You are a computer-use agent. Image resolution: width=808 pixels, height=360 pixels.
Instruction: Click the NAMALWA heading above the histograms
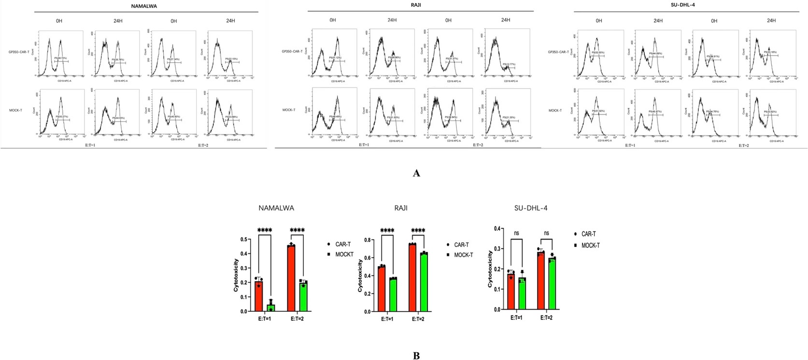pos(144,6)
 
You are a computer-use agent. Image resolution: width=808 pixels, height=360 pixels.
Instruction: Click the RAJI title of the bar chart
pos(400,208)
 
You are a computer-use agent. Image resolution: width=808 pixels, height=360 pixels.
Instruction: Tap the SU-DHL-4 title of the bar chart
pos(531,208)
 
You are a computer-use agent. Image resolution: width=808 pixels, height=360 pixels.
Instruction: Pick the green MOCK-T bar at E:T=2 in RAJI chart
pos(424,282)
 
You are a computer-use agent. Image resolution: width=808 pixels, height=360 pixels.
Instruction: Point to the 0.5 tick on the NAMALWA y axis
pos(244,240)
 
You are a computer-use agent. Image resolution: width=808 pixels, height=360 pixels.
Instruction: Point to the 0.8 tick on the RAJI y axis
pos(368,240)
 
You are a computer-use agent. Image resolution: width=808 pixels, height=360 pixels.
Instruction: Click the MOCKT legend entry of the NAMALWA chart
pos(344,254)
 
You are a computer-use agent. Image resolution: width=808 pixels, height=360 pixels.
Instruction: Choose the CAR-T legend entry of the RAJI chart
pos(461,245)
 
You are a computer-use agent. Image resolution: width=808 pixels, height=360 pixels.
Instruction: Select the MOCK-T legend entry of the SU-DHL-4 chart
pos(590,245)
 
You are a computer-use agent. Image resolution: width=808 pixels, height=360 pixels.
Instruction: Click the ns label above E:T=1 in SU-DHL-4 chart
pos(516,233)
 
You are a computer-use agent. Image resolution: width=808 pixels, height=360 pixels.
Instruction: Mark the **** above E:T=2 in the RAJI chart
pos(418,230)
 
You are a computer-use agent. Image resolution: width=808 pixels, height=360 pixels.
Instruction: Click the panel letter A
pos(416,173)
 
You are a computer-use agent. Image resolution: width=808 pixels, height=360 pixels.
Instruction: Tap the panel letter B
pos(416,356)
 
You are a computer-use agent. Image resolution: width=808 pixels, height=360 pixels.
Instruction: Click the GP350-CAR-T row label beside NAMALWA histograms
pos(19,52)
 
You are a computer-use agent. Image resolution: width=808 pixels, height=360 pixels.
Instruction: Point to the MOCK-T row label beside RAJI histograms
pos(289,110)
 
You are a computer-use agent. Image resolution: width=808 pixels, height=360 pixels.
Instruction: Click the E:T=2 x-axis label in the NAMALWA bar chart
pos(297,318)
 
